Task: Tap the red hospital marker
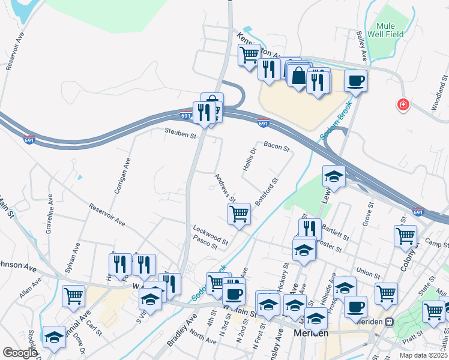point(403,105)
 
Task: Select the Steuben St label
point(181,136)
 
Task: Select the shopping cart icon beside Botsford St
point(240,213)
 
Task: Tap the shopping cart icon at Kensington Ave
point(249,55)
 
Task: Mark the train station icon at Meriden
point(389,321)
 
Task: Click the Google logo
point(20,353)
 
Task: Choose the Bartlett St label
point(333,230)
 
